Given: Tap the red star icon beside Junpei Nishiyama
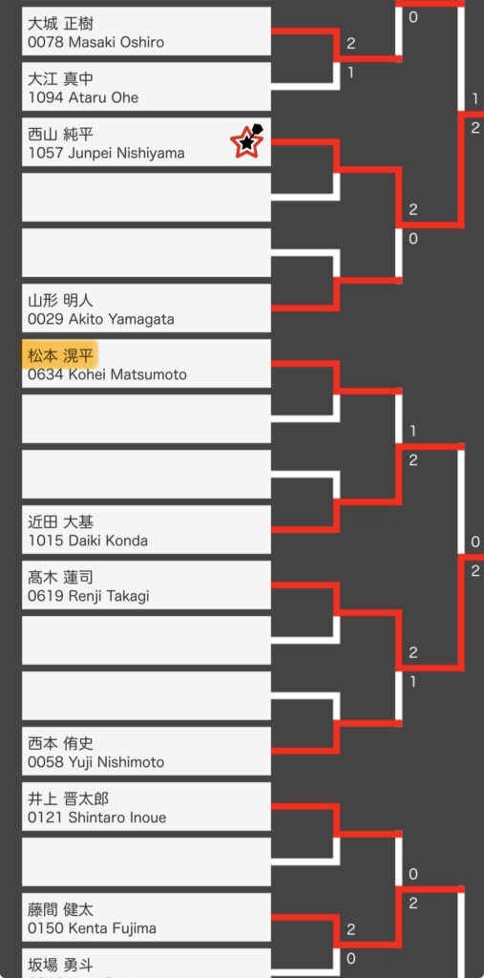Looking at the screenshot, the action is [x=247, y=141].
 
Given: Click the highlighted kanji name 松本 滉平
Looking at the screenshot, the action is [x=60, y=356].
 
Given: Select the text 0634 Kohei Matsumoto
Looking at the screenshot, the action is [x=107, y=374].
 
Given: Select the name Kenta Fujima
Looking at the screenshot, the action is [x=113, y=928].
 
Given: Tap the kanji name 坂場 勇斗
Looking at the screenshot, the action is [x=60, y=966].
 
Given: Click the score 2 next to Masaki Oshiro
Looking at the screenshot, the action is [x=351, y=44].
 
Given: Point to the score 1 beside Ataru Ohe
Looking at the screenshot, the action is [x=350, y=73].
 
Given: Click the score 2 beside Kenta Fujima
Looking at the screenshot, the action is [x=351, y=930].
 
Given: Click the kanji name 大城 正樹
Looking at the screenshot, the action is [x=60, y=24].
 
